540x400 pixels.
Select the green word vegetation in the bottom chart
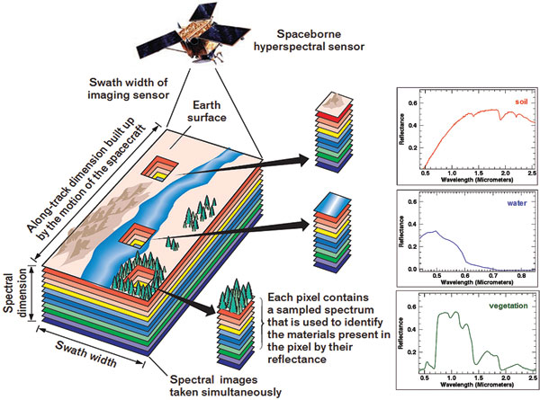pos(506,306)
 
